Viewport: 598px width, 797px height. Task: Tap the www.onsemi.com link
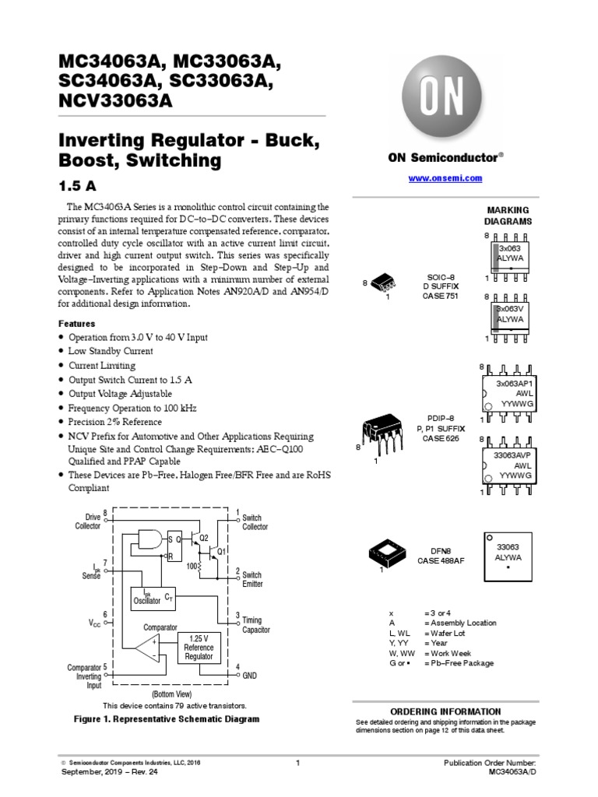click(x=445, y=178)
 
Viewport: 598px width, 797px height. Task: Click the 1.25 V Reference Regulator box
click(x=199, y=648)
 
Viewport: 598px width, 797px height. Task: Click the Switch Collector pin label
click(x=255, y=522)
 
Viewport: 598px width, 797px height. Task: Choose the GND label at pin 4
click(x=249, y=676)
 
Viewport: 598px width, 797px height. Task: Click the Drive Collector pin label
click(x=87, y=521)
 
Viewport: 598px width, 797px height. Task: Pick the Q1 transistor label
click(x=221, y=551)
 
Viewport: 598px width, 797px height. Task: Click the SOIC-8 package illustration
click(x=382, y=285)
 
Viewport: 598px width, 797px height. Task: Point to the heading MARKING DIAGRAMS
click(x=508, y=216)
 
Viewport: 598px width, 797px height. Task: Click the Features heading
click(x=76, y=324)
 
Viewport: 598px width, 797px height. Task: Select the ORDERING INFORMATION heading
click(x=445, y=711)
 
